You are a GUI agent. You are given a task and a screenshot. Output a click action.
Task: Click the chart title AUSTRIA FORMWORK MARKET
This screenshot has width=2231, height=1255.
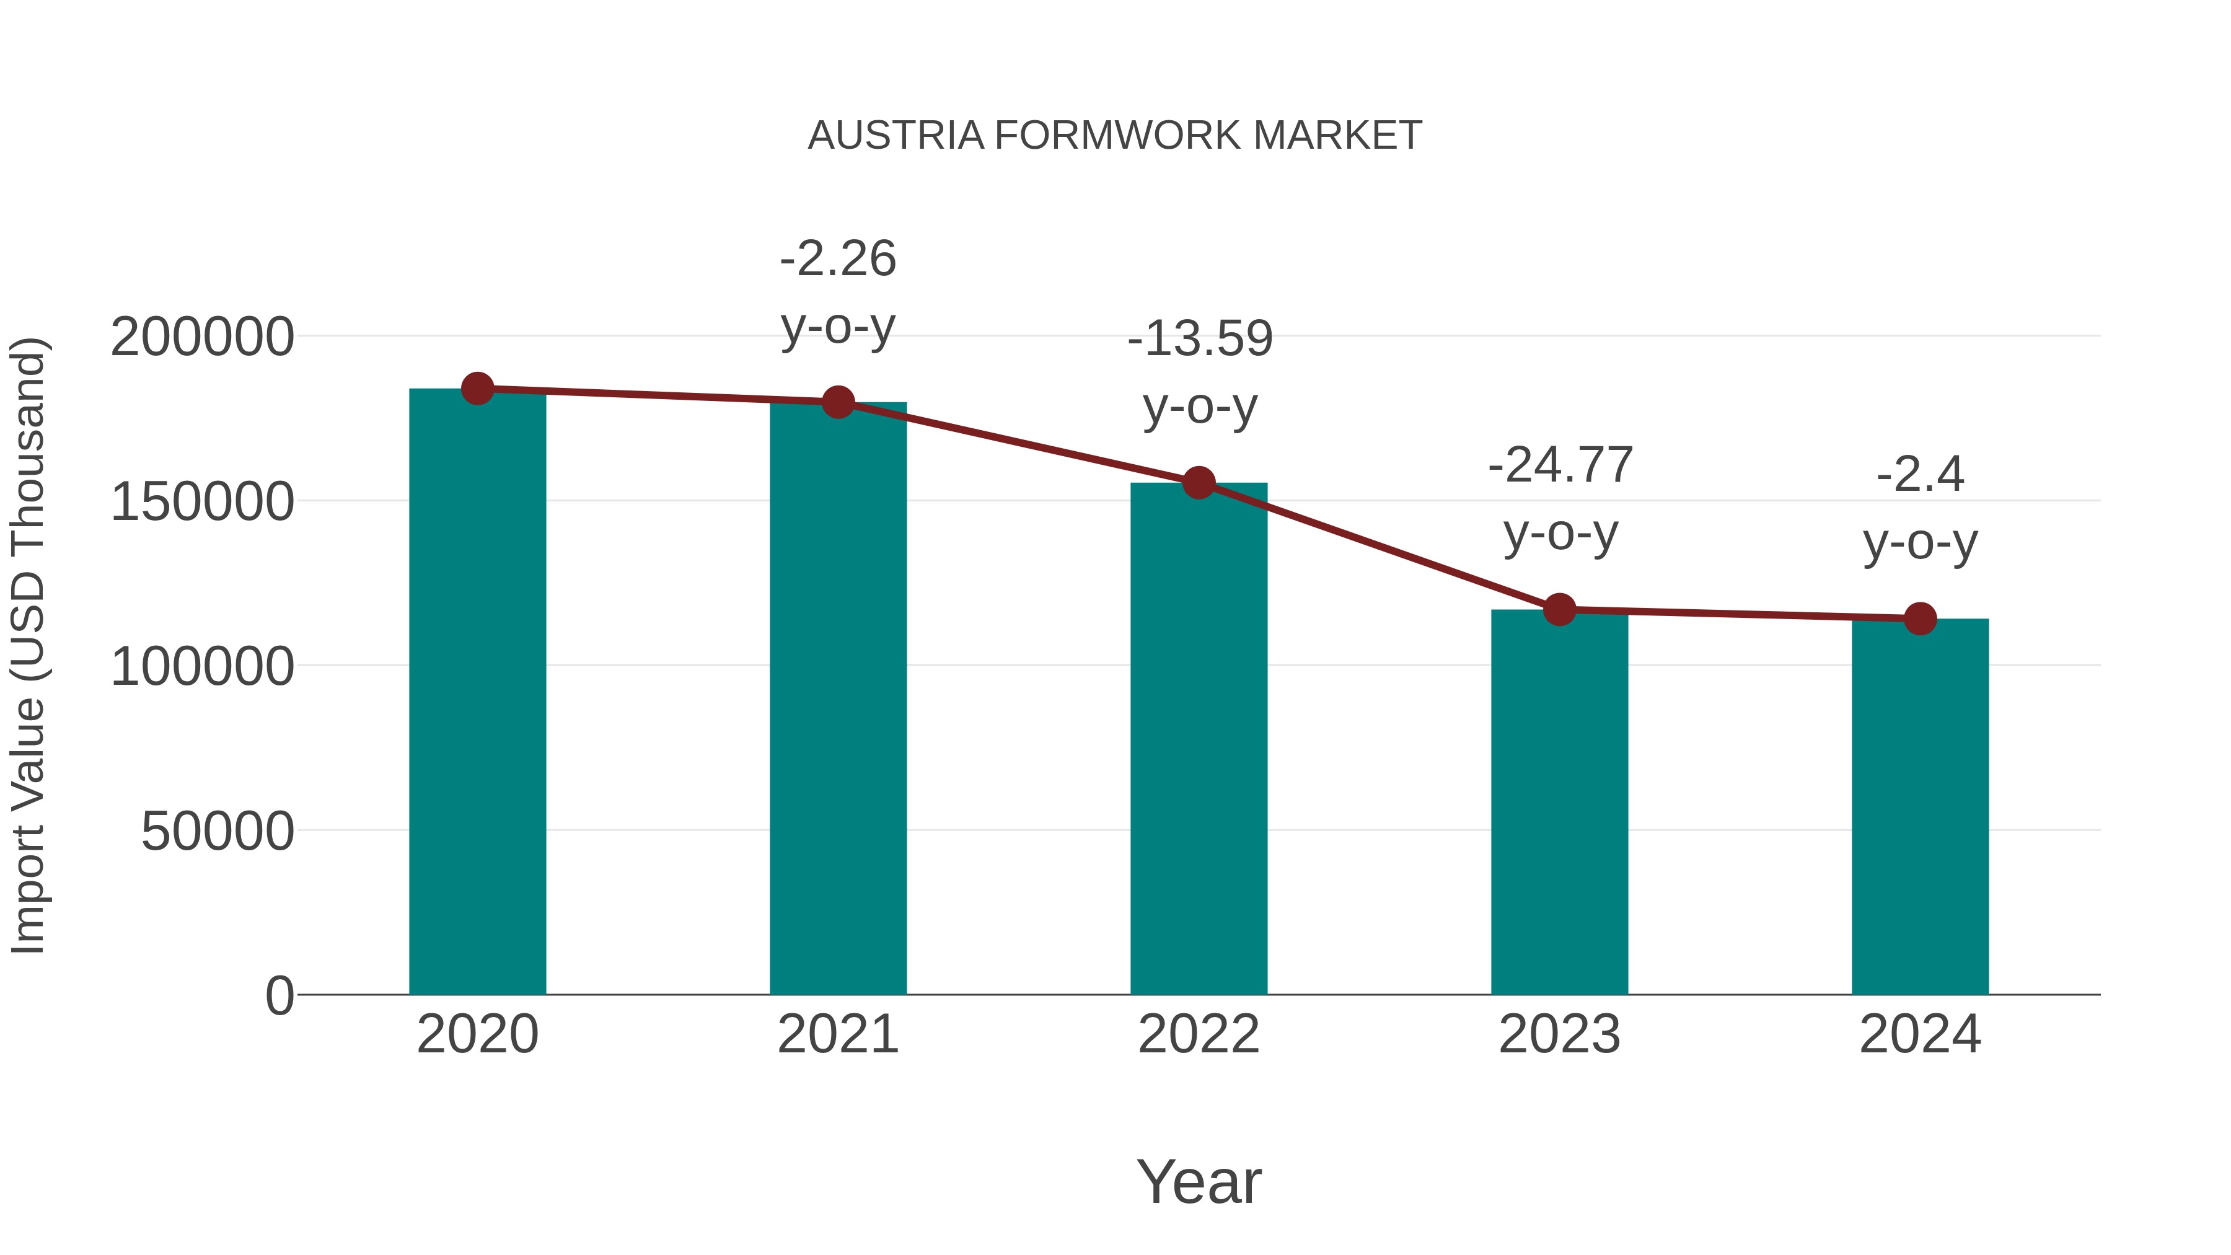[x=1115, y=136]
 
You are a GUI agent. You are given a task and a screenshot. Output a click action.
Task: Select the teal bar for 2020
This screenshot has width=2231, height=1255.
[x=477, y=693]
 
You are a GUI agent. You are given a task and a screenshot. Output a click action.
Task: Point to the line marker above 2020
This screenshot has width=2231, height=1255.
[x=477, y=389]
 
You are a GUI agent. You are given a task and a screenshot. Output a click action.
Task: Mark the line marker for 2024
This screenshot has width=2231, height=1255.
[x=1920, y=619]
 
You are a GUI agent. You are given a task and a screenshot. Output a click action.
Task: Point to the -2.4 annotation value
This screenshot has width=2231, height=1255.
[x=1920, y=475]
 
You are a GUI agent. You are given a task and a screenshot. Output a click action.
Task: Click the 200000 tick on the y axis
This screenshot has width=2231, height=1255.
[x=202, y=337]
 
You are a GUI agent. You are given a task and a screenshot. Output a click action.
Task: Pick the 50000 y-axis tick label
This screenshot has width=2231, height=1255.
[x=218, y=832]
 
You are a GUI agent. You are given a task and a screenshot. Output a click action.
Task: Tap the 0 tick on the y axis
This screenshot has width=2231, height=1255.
[x=279, y=996]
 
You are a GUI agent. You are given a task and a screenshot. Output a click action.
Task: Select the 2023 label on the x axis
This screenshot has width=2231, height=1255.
[x=1559, y=1034]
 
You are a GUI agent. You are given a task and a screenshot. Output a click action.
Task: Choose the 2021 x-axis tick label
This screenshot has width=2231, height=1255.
[x=837, y=1034]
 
